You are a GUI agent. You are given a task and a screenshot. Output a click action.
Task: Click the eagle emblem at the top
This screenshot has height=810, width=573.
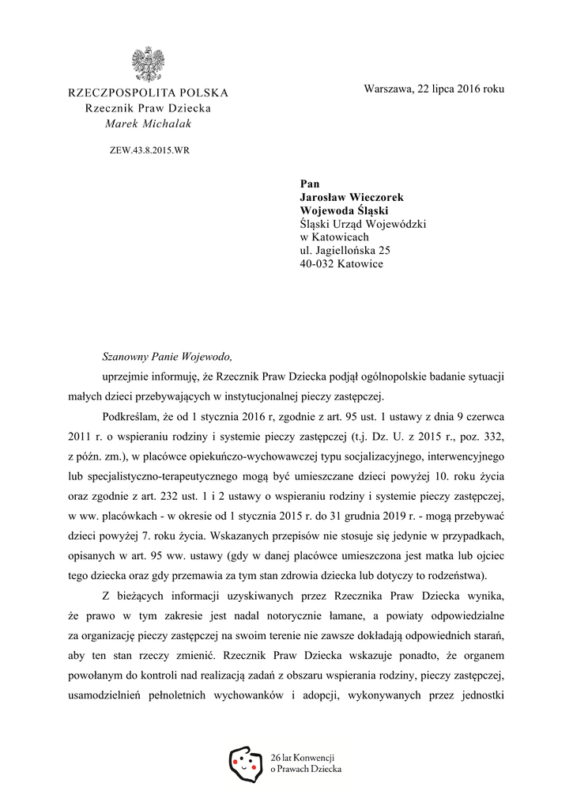click(x=148, y=65)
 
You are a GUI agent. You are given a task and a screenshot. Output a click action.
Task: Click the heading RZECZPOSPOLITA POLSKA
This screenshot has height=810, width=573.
click(x=148, y=93)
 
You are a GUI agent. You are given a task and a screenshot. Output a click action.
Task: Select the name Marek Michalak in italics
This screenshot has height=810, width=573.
click(x=148, y=123)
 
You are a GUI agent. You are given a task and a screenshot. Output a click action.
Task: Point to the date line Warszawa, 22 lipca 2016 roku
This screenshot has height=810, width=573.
click(x=434, y=89)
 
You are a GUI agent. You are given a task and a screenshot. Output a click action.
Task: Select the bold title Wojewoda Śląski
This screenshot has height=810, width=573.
click(x=344, y=211)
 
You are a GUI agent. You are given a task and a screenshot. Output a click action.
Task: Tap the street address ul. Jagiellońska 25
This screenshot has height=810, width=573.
click(x=345, y=250)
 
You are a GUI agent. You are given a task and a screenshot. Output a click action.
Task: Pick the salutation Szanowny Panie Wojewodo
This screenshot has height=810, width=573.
click(x=168, y=357)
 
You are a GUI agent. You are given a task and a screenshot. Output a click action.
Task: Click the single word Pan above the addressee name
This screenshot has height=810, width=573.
click(x=309, y=184)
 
